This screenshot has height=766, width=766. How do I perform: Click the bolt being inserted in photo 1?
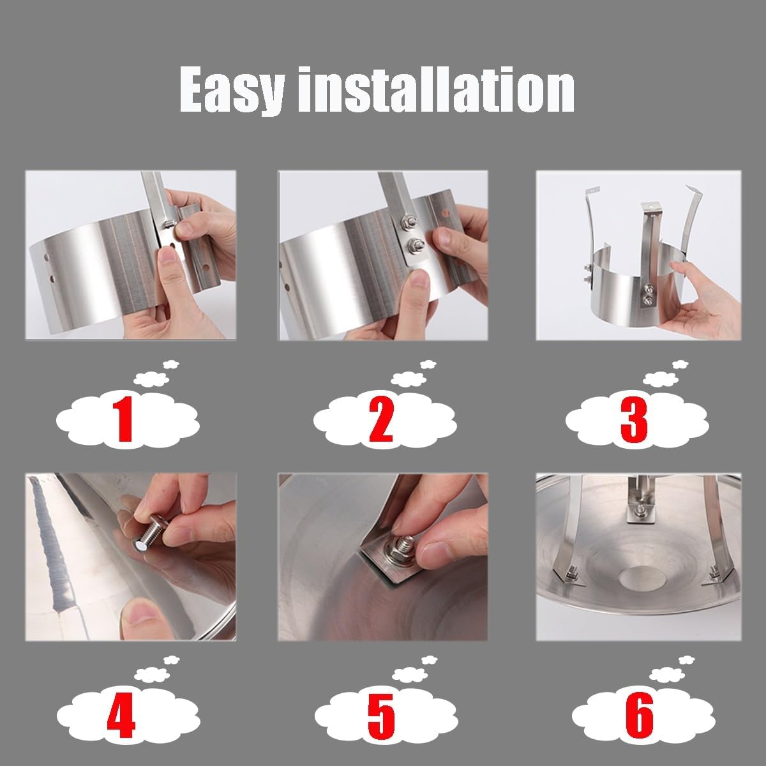tap(169, 223)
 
